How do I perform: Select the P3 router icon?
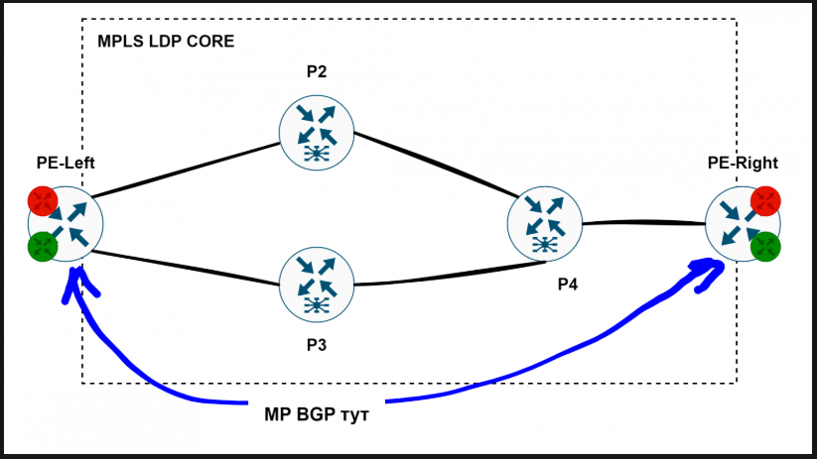[x=317, y=284]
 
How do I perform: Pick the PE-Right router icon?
[x=741, y=224]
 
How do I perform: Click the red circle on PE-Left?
[x=43, y=201]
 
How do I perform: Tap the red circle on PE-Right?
[x=765, y=201]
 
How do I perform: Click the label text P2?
[x=317, y=72]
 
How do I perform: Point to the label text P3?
[x=317, y=346]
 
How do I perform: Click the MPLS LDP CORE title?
[x=166, y=43]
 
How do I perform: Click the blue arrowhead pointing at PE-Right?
[x=707, y=272]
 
